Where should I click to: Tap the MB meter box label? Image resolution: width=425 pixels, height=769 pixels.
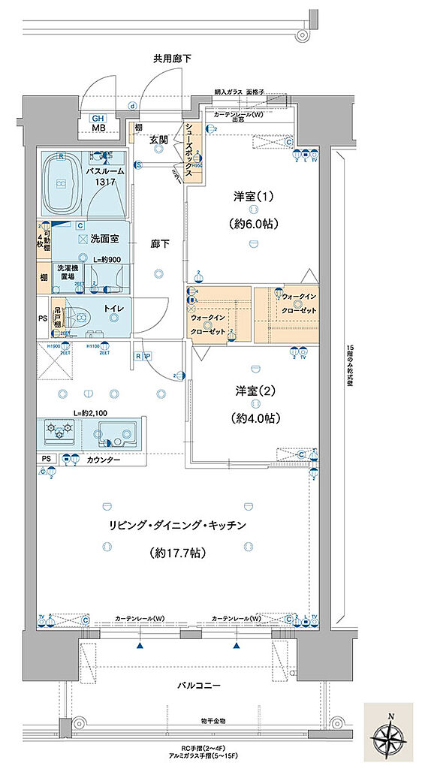click(98, 128)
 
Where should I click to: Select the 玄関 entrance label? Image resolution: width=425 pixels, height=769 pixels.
click(158, 139)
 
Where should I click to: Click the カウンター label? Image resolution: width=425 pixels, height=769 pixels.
click(104, 460)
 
